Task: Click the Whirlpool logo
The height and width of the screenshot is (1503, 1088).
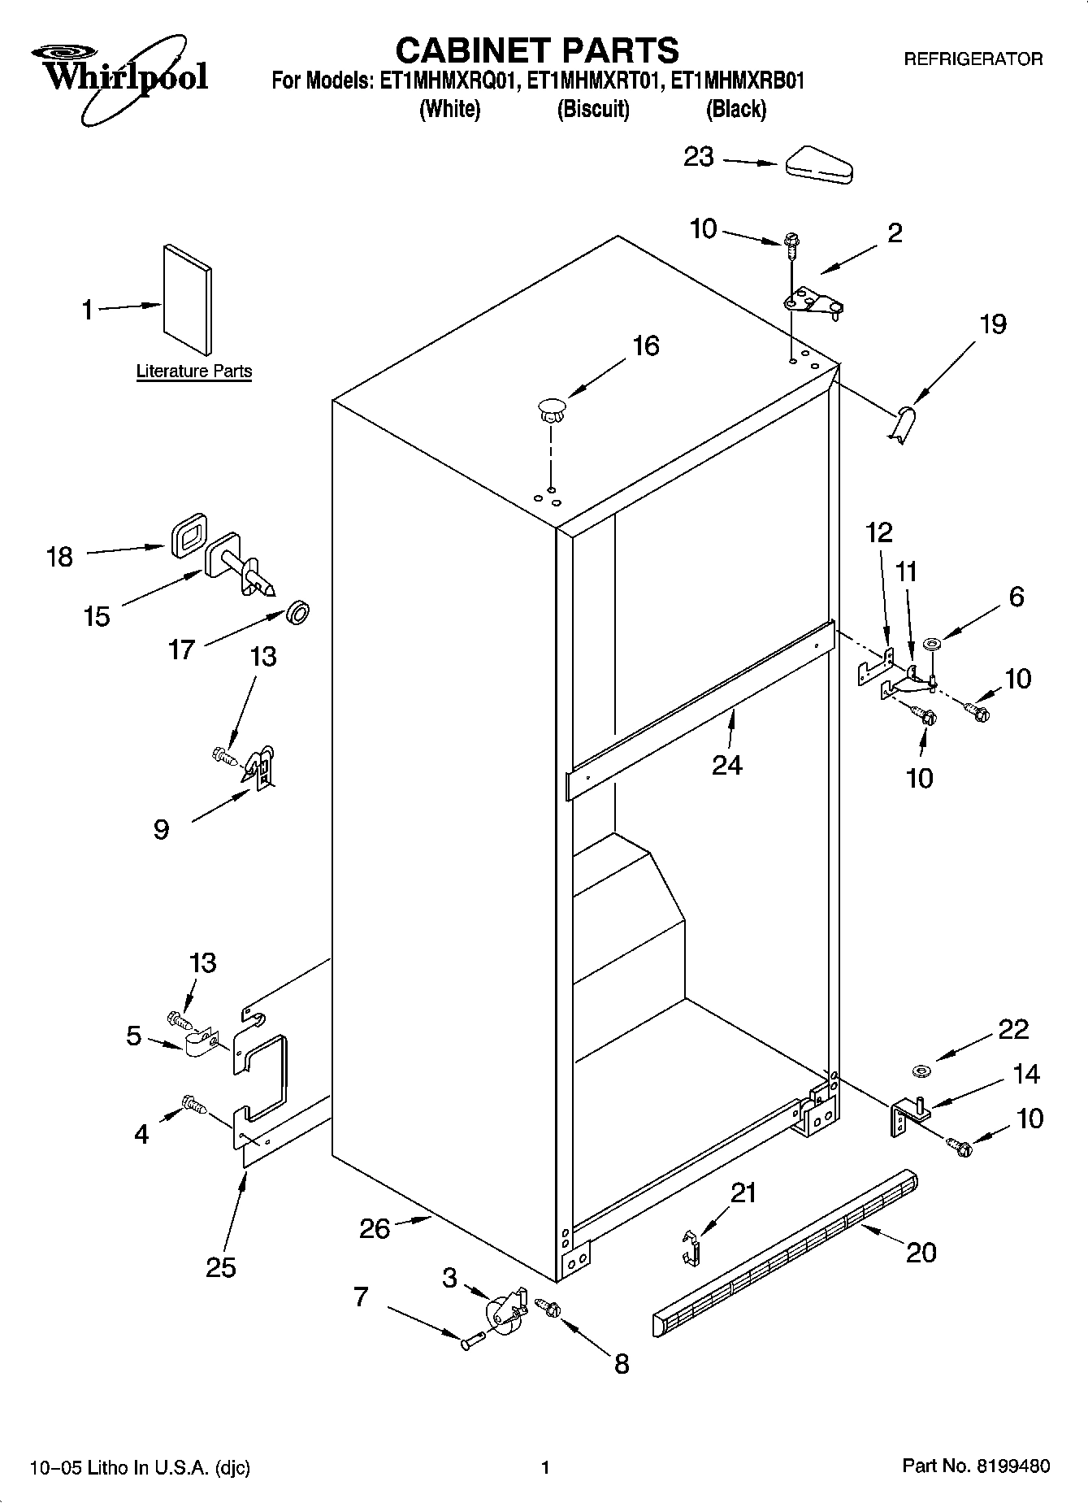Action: (x=122, y=77)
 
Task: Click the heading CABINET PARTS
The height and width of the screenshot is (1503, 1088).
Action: (x=537, y=50)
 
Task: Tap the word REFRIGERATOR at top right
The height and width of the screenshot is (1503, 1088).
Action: (x=973, y=59)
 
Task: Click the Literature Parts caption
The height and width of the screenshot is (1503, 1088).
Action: (x=194, y=371)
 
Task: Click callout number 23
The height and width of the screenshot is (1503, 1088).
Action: (x=698, y=157)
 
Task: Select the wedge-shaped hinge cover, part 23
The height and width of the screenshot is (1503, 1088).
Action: (x=817, y=165)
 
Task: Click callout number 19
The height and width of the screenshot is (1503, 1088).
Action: (x=992, y=324)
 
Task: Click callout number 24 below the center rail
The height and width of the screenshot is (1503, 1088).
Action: (x=727, y=765)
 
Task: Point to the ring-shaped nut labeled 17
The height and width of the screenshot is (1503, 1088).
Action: (x=299, y=612)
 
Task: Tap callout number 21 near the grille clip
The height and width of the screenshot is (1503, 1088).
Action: (x=743, y=1193)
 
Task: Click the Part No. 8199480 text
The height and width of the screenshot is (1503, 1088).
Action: (x=976, y=1466)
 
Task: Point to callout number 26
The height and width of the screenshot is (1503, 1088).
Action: (x=375, y=1228)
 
